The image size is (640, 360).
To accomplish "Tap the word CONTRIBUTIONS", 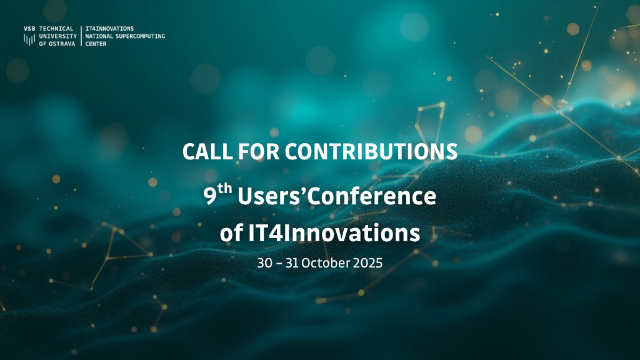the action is [x=371, y=151].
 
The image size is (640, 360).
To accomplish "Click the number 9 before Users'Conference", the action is [x=210, y=197].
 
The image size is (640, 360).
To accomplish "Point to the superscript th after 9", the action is [x=224, y=189].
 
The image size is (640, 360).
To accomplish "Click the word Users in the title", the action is [x=269, y=196].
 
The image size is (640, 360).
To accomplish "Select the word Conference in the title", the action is [x=372, y=196].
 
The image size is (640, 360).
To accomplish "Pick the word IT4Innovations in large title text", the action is [x=334, y=233].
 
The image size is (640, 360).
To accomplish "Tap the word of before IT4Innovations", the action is [x=232, y=233].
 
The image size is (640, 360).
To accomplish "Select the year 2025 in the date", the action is [x=367, y=263].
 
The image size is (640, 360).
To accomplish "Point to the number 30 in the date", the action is [x=264, y=263].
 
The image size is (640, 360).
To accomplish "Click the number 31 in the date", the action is [x=292, y=263].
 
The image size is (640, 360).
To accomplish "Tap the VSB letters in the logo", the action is [x=29, y=29].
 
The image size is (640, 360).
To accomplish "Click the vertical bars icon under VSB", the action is [x=29, y=39].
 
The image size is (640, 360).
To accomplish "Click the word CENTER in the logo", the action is [x=96, y=44].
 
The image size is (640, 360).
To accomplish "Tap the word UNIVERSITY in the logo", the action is [x=58, y=36].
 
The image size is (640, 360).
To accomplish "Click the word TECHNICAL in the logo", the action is [x=56, y=29].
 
